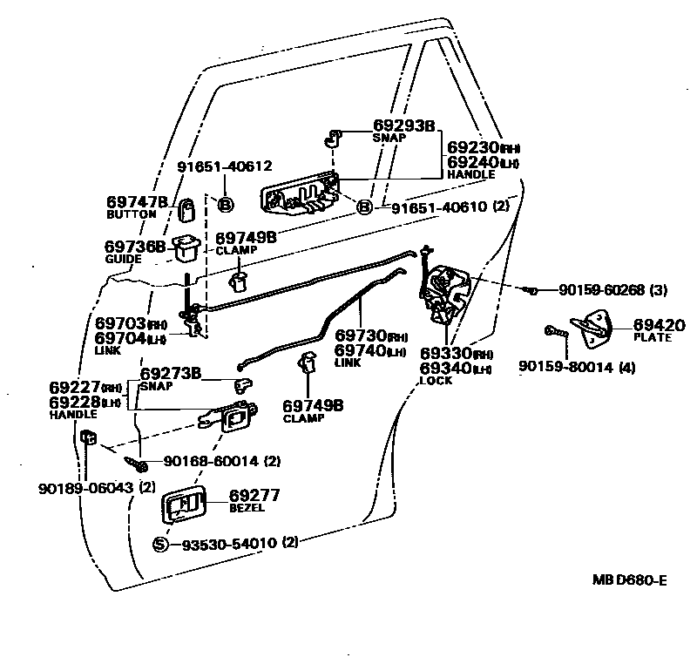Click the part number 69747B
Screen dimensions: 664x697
137,202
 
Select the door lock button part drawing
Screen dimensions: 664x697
187,208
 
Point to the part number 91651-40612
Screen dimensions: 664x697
225,166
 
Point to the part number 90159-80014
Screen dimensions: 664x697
565,367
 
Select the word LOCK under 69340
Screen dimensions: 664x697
436,380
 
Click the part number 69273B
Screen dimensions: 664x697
171,373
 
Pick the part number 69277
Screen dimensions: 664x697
254,495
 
